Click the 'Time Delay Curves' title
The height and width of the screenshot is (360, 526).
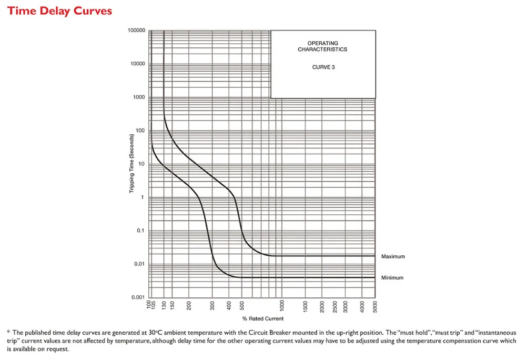(x=59, y=11)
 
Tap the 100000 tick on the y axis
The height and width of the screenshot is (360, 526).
(x=136, y=31)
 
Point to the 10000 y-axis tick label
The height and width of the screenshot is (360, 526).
(x=138, y=64)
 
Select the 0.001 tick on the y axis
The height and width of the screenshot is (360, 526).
(x=138, y=297)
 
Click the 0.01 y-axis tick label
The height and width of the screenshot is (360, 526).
(x=139, y=264)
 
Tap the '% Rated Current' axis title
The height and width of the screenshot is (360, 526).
(x=262, y=318)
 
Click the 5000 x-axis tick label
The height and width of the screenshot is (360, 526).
(x=375, y=305)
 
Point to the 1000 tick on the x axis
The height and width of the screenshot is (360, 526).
(x=282, y=305)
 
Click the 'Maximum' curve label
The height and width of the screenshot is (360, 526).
(x=393, y=256)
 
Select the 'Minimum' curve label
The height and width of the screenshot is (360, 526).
(x=392, y=277)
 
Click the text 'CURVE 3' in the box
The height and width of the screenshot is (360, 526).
(x=323, y=67)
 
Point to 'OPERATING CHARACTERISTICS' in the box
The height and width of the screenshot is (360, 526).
(x=323, y=46)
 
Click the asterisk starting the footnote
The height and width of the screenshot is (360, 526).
(x=8, y=332)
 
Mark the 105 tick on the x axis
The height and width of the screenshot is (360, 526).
(x=154, y=304)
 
